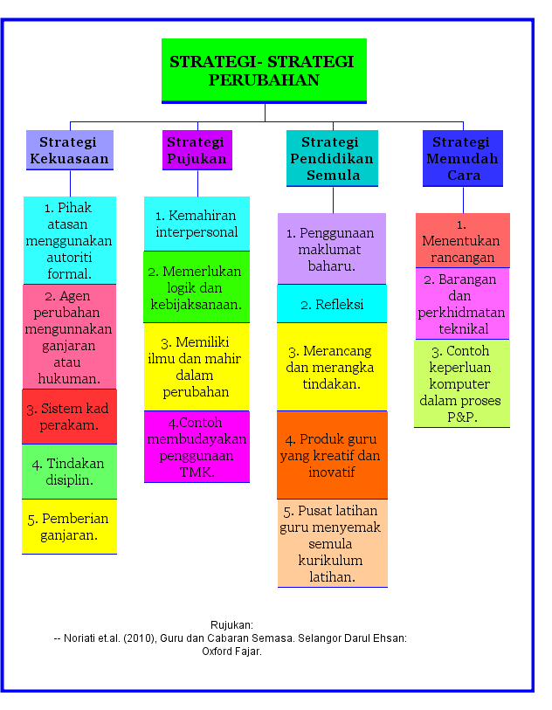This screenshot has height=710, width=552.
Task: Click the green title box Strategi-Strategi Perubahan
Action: pyautogui.click(x=264, y=71)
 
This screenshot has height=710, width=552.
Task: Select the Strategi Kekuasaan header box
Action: pyautogui.click(x=69, y=150)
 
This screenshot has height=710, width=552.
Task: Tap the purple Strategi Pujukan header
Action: pyautogui.click(x=197, y=150)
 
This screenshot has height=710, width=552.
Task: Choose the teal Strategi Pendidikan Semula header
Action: pyautogui.click(x=332, y=158)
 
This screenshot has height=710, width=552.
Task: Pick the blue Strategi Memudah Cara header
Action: pyautogui.click(x=462, y=158)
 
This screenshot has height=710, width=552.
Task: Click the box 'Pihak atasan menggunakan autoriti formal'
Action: pyautogui.click(x=69, y=240)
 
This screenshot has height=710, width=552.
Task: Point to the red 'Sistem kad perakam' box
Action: pyautogui.click(x=69, y=417)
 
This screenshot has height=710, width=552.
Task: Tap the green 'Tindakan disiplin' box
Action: pyautogui.click(x=69, y=472)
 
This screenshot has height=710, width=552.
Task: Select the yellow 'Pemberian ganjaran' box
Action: pyautogui.click(x=69, y=527)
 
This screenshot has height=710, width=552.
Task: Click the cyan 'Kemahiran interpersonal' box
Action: pyautogui.click(x=197, y=224)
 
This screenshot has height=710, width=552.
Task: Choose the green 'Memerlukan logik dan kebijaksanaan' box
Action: pyautogui.click(x=197, y=287)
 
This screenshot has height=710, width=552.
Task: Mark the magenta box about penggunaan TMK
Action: pyautogui.click(x=197, y=447)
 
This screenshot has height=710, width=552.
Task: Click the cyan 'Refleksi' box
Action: pyautogui.click(x=332, y=305)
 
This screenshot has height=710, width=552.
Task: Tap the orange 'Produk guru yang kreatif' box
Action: pyautogui.click(x=332, y=455)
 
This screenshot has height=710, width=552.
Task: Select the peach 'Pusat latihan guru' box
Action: pyautogui.click(x=332, y=543)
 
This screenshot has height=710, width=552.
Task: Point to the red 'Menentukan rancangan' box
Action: pyautogui.click(x=462, y=241)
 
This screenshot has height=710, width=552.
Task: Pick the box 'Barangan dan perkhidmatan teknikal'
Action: pyautogui.click(x=462, y=304)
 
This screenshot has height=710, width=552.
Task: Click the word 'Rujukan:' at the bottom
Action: pyautogui.click(x=232, y=625)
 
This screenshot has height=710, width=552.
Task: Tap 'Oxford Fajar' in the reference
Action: pyautogui.click(x=232, y=651)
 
